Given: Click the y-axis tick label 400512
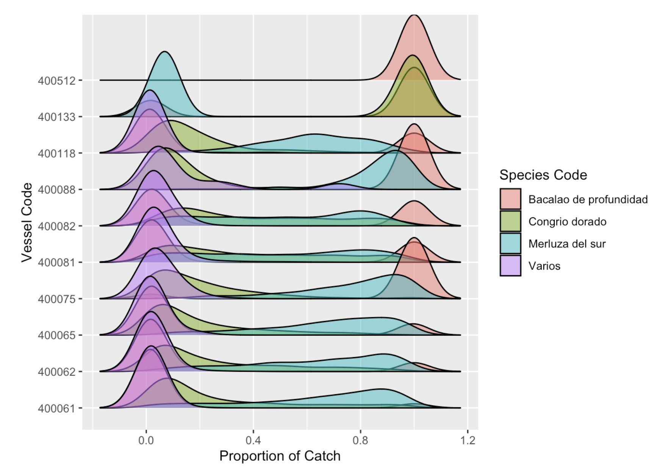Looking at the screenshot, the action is pyautogui.click(x=56, y=81).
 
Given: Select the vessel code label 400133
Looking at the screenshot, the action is pyautogui.click(x=56, y=117).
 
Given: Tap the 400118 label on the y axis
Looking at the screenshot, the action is pyautogui.click(x=56, y=153).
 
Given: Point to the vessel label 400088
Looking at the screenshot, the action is pyautogui.click(x=56, y=190).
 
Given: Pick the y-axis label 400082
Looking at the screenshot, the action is pyautogui.click(x=56, y=226).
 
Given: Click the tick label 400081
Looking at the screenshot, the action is pyautogui.click(x=56, y=262).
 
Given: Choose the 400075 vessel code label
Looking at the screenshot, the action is pyautogui.click(x=56, y=299).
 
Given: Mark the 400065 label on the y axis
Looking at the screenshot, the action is pyautogui.click(x=56, y=335).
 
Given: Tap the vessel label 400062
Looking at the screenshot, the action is pyautogui.click(x=56, y=372).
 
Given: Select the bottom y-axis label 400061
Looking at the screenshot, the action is pyautogui.click(x=56, y=409).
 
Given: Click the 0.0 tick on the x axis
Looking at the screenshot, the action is pyautogui.click(x=146, y=440).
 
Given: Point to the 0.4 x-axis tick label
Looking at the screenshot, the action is pyautogui.click(x=253, y=440).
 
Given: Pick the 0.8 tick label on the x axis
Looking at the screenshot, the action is pyautogui.click(x=360, y=440).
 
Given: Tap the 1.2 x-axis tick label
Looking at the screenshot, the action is pyautogui.click(x=468, y=440).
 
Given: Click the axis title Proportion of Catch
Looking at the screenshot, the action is pyautogui.click(x=280, y=456).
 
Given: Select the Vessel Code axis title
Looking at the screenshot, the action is pyautogui.click(x=27, y=222).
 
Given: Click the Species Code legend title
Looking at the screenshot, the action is pyautogui.click(x=543, y=175).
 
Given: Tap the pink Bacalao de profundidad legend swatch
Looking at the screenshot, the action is pyautogui.click(x=510, y=199).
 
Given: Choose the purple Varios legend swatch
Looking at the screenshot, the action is pyautogui.click(x=510, y=265).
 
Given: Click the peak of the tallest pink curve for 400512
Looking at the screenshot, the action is pyautogui.click(x=415, y=16).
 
